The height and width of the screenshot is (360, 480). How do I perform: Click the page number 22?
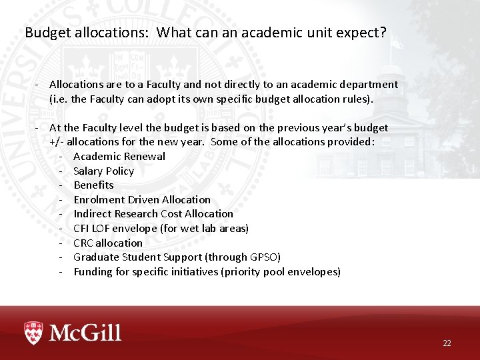[447, 343]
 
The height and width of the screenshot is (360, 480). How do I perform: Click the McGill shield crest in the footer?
[33, 332]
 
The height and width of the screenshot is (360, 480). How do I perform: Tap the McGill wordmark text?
[84, 332]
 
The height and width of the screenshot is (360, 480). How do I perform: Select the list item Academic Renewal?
[119, 156]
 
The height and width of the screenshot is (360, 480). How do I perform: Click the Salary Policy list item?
[103, 171]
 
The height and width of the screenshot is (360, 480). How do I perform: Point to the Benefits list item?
[93, 185]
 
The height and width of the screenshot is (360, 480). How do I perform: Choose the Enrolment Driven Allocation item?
[141, 199]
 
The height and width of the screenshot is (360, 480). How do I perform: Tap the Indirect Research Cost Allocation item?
[153, 213]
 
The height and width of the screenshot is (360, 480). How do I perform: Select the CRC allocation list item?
[107, 243]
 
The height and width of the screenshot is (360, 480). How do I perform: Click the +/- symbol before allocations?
[57, 141]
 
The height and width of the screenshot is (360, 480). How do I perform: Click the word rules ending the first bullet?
[360, 99]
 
